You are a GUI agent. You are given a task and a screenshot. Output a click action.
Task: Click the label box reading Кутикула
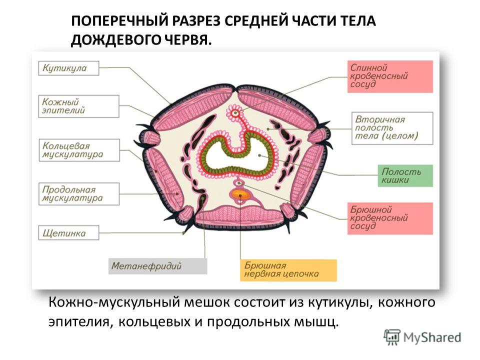[68, 68]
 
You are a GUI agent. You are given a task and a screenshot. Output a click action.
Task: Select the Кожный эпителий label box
[78, 106]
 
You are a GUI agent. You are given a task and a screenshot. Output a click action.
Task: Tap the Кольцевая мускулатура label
[79, 150]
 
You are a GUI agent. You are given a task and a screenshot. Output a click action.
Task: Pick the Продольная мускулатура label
[78, 194]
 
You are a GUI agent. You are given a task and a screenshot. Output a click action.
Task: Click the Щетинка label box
[68, 233]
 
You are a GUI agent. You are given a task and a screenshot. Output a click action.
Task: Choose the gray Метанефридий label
[157, 266]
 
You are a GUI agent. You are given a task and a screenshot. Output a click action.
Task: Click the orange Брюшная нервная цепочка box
[288, 270]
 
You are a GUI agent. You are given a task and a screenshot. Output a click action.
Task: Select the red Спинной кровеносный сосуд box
[390, 76]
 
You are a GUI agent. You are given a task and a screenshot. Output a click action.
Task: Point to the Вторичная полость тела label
[392, 128]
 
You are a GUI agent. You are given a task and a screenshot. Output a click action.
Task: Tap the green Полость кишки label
[405, 175]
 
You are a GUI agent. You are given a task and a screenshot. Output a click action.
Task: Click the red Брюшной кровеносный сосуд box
[390, 218]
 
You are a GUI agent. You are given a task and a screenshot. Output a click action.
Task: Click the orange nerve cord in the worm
[240, 194]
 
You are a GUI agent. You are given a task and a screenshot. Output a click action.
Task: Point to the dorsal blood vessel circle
[235, 113]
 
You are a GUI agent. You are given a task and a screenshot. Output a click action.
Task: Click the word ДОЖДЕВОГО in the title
[115, 40]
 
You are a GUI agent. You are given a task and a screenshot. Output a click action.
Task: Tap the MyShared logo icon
[392, 337]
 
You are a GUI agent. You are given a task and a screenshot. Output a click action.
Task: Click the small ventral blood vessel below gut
[239, 183]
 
